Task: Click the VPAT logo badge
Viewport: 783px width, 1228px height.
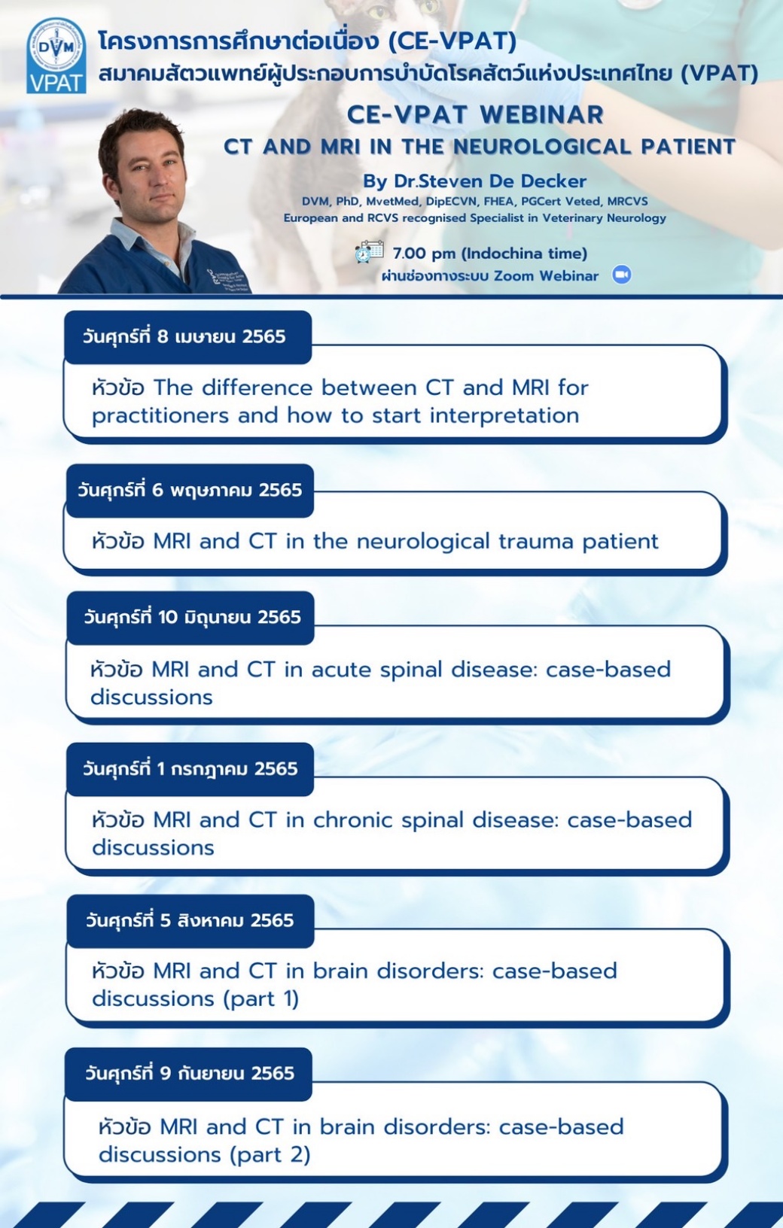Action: (56, 56)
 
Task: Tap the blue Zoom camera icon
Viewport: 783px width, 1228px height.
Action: (622, 275)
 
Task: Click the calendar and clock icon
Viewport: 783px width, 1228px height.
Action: (369, 251)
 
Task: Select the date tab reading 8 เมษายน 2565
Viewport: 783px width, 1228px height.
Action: (187, 336)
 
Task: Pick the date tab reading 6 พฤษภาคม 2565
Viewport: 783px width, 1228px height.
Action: (190, 490)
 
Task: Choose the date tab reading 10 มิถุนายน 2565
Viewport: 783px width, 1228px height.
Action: (190, 617)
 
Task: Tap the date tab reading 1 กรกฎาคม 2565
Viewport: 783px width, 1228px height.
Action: (190, 768)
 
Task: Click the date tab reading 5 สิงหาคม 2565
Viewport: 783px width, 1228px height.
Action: (190, 920)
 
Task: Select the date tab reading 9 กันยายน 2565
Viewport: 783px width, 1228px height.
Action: (188, 1074)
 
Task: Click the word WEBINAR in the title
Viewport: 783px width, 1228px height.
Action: (541, 114)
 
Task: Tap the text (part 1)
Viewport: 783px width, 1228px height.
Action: (260, 999)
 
